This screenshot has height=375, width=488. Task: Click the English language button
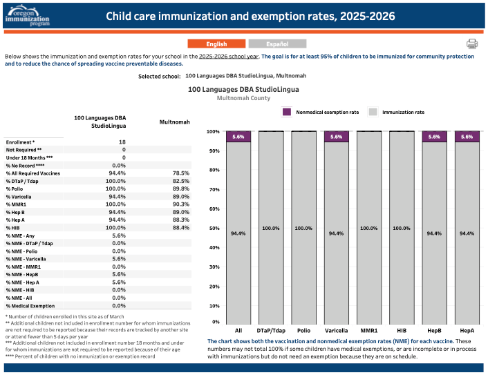coord(216,44)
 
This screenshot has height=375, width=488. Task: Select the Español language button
coord(277,44)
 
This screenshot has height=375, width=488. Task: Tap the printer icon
coord(472,44)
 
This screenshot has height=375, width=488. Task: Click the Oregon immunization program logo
coord(28,16)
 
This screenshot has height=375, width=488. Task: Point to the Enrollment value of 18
coord(122,142)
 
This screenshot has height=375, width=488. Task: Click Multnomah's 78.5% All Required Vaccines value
coord(181,173)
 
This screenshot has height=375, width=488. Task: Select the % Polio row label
coord(15,189)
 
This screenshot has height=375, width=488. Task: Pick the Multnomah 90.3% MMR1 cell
coord(181,204)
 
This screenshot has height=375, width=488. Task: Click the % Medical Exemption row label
coord(30,306)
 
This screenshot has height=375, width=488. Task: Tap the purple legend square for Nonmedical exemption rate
coord(287,112)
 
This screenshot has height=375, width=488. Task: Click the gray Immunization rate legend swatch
coord(373,112)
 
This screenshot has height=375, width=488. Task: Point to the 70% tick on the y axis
coord(214,189)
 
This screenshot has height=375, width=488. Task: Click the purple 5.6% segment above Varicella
coord(336,137)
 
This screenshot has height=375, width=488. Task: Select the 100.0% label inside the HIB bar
coord(402,228)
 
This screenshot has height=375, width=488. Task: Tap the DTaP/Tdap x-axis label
coord(271,331)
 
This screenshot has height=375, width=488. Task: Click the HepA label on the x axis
coord(467,331)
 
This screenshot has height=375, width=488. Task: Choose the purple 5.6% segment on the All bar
coord(238,137)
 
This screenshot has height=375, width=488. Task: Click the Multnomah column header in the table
coord(175,122)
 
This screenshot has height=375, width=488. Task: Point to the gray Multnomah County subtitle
coord(243,98)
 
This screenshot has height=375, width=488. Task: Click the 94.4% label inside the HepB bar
coord(434,233)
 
